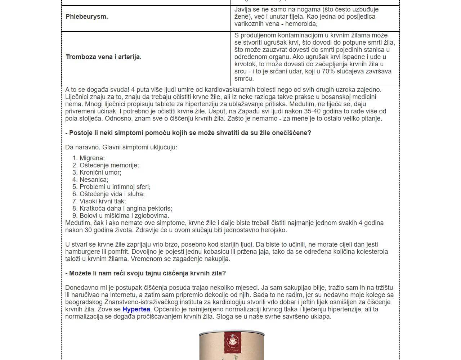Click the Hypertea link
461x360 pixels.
tap(136, 309)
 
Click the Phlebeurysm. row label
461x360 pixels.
tap(87, 17)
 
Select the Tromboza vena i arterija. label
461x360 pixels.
tap(103, 57)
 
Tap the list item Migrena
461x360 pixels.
tap(92, 158)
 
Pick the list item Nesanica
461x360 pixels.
tap(94, 180)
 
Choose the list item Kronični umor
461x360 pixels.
tap(100, 172)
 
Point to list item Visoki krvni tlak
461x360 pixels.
tap(103, 201)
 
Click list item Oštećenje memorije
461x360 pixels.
tap(109, 165)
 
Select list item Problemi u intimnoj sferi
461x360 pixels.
tap(115, 187)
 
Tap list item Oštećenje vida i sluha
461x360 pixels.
tap(112, 194)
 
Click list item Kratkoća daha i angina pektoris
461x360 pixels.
tap(126, 208)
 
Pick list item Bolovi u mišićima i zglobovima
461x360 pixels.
tap(124, 216)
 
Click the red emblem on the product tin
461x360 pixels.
tap(232, 340)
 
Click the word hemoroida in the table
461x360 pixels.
tap(301, 24)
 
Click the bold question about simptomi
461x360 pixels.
tap(188, 133)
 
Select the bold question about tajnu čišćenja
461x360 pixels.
tap(146, 273)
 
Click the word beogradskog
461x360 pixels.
tap(84, 302)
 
